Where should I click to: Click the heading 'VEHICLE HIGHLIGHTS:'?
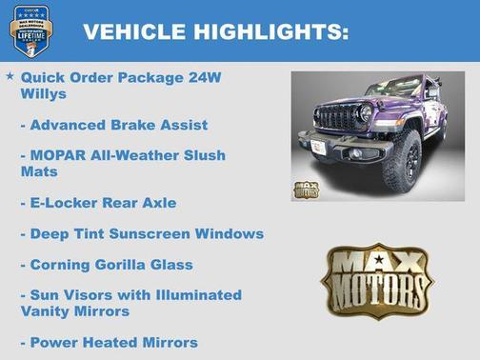(215, 32)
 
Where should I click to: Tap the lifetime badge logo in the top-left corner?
(30, 30)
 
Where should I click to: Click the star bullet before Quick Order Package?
(10, 75)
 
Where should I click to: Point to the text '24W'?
(203, 77)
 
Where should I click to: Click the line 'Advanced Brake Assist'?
(113, 125)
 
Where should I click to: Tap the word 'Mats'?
(39, 172)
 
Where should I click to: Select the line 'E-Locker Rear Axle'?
(98, 203)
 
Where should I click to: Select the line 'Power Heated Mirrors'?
(109, 342)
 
